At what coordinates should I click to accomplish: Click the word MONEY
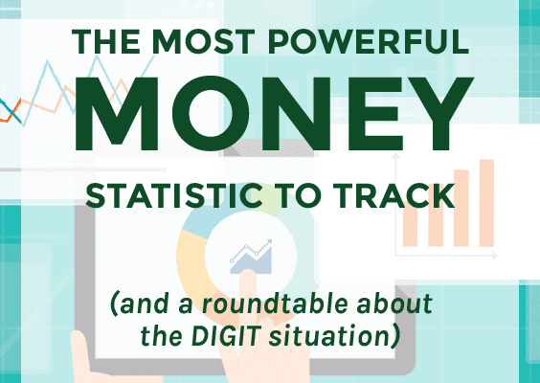point(274,114)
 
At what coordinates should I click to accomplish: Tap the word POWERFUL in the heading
point(369,42)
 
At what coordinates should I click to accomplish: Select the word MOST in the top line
point(204,42)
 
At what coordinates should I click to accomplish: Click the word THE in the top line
point(105,42)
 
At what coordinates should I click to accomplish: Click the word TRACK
point(394,196)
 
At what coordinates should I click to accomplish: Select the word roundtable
point(275,304)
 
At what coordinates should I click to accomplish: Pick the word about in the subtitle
point(394,304)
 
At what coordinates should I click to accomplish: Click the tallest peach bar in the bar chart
point(486,203)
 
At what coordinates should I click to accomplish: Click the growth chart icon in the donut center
point(251,257)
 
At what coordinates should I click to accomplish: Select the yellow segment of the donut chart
point(189,261)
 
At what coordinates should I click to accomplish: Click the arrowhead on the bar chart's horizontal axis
point(495,256)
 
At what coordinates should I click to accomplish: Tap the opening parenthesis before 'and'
point(115,304)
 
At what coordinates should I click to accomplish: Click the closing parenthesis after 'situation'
point(395,336)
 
